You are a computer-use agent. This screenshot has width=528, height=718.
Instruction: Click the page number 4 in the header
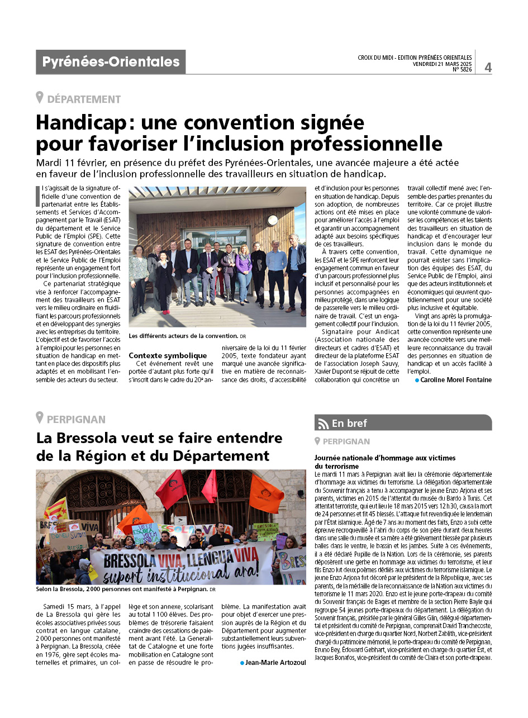click(x=488, y=67)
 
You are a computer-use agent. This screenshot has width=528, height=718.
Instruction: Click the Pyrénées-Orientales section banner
click(x=111, y=62)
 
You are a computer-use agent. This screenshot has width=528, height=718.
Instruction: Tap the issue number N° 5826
click(x=462, y=70)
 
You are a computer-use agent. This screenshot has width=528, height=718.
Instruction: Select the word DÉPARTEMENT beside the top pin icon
click(x=84, y=99)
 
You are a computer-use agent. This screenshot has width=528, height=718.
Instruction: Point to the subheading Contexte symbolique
click(x=168, y=355)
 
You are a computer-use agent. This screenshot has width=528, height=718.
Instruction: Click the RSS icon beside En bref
click(x=322, y=423)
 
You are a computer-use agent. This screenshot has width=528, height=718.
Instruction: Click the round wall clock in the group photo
click(x=273, y=220)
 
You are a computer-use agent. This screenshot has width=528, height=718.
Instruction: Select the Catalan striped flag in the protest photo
click(x=56, y=509)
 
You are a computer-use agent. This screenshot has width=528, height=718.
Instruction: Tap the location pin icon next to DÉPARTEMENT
click(x=40, y=98)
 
